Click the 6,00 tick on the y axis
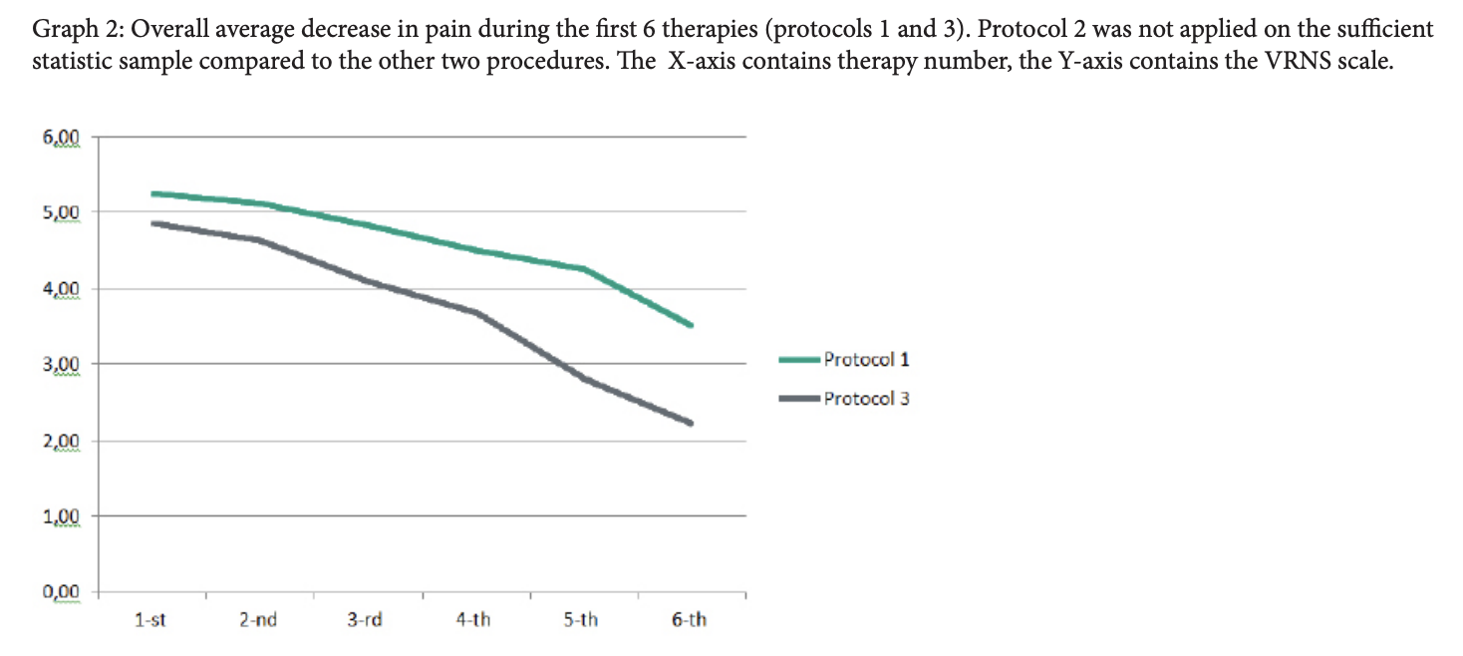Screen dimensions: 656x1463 pyautogui.click(x=62, y=136)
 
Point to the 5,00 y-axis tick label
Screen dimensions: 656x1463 pyautogui.click(x=62, y=211)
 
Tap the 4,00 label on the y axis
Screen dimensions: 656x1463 pyautogui.click(x=62, y=289)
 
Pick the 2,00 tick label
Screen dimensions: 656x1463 pyautogui.click(x=62, y=441)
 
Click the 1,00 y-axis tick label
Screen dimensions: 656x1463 pyautogui.click(x=62, y=515)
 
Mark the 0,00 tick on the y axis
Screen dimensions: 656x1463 pyautogui.click(x=62, y=592)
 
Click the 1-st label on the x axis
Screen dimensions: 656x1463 pyautogui.click(x=149, y=620)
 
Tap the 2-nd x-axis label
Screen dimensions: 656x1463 pyautogui.click(x=258, y=620)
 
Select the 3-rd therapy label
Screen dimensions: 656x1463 pyautogui.click(x=366, y=620)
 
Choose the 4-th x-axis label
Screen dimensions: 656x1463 pyautogui.click(x=473, y=620)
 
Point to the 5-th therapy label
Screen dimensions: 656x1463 pyautogui.click(x=581, y=620)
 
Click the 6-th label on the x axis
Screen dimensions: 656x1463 pyautogui.click(x=690, y=620)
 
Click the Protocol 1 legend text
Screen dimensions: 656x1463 pyautogui.click(x=866, y=360)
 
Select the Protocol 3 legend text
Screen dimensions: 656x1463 pyautogui.click(x=866, y=399)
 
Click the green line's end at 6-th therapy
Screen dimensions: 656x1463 pyautogui.click(x=690, y=324)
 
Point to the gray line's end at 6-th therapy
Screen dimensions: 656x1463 pyautogui.click(x=690, y=423)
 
